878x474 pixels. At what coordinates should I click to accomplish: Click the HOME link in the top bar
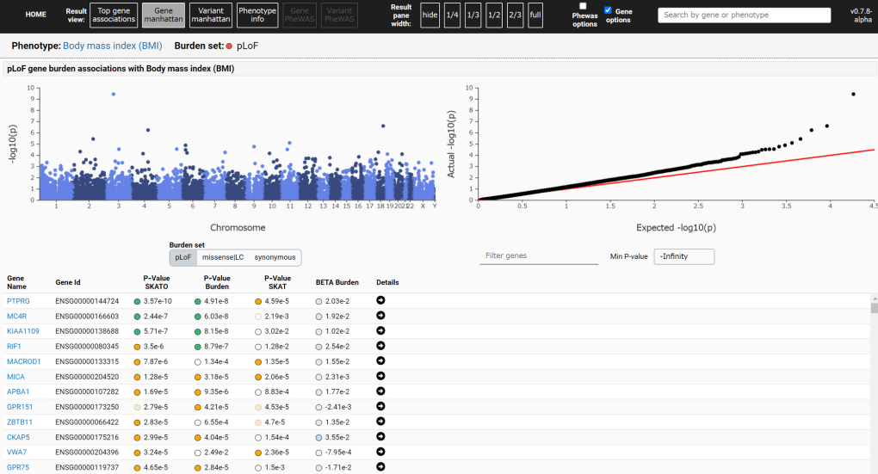pos(35,15)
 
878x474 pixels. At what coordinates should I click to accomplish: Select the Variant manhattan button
pos(210,15)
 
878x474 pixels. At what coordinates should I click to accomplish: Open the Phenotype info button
pos(257,15)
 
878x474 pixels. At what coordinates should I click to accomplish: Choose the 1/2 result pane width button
pos(494,15)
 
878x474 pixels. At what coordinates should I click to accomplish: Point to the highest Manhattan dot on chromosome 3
pos(114,94)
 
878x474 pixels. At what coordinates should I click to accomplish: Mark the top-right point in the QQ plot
pos(853,94)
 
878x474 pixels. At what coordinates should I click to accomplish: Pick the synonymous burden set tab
pos(275,257)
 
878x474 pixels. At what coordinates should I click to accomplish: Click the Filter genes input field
pos(538,255)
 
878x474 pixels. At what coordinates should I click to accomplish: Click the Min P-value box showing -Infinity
pos(683,256)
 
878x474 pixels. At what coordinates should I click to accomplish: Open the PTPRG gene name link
pos(17,301)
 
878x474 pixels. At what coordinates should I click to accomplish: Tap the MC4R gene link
pos(16,316)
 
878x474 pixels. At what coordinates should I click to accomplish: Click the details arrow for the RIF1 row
pos(380,346)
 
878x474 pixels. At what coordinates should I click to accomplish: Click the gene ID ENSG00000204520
pos(87,376)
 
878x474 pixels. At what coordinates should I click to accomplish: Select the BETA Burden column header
pos(337,282)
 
